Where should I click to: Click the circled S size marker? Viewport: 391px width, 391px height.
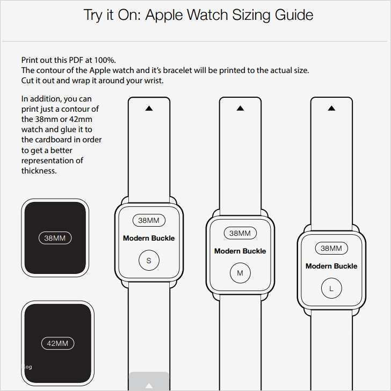(149, 260)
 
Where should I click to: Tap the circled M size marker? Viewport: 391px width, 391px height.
(240, 273)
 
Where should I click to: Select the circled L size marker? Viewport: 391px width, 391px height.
(331, 288)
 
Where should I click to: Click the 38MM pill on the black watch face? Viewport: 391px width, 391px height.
(55, 238)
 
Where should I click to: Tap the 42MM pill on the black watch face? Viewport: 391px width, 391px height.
(57, 343)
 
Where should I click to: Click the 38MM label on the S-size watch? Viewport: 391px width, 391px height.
(149, 220)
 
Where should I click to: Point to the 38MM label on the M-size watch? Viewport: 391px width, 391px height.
(240, 233)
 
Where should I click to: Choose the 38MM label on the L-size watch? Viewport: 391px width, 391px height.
(331, 248)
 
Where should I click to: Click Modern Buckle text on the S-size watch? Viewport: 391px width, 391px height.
(149, 238)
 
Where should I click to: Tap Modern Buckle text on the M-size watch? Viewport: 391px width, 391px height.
(240, 251)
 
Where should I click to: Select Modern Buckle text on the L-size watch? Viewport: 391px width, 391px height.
(331, 266)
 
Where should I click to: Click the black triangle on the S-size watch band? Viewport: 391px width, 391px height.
(149, 108)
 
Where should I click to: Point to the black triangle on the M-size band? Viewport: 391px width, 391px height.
(241, 108)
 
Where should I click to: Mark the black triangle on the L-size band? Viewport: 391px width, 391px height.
(332, 108)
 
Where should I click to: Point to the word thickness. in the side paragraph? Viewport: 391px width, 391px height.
(39, 171)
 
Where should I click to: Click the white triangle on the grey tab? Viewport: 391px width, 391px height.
(149, 386)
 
